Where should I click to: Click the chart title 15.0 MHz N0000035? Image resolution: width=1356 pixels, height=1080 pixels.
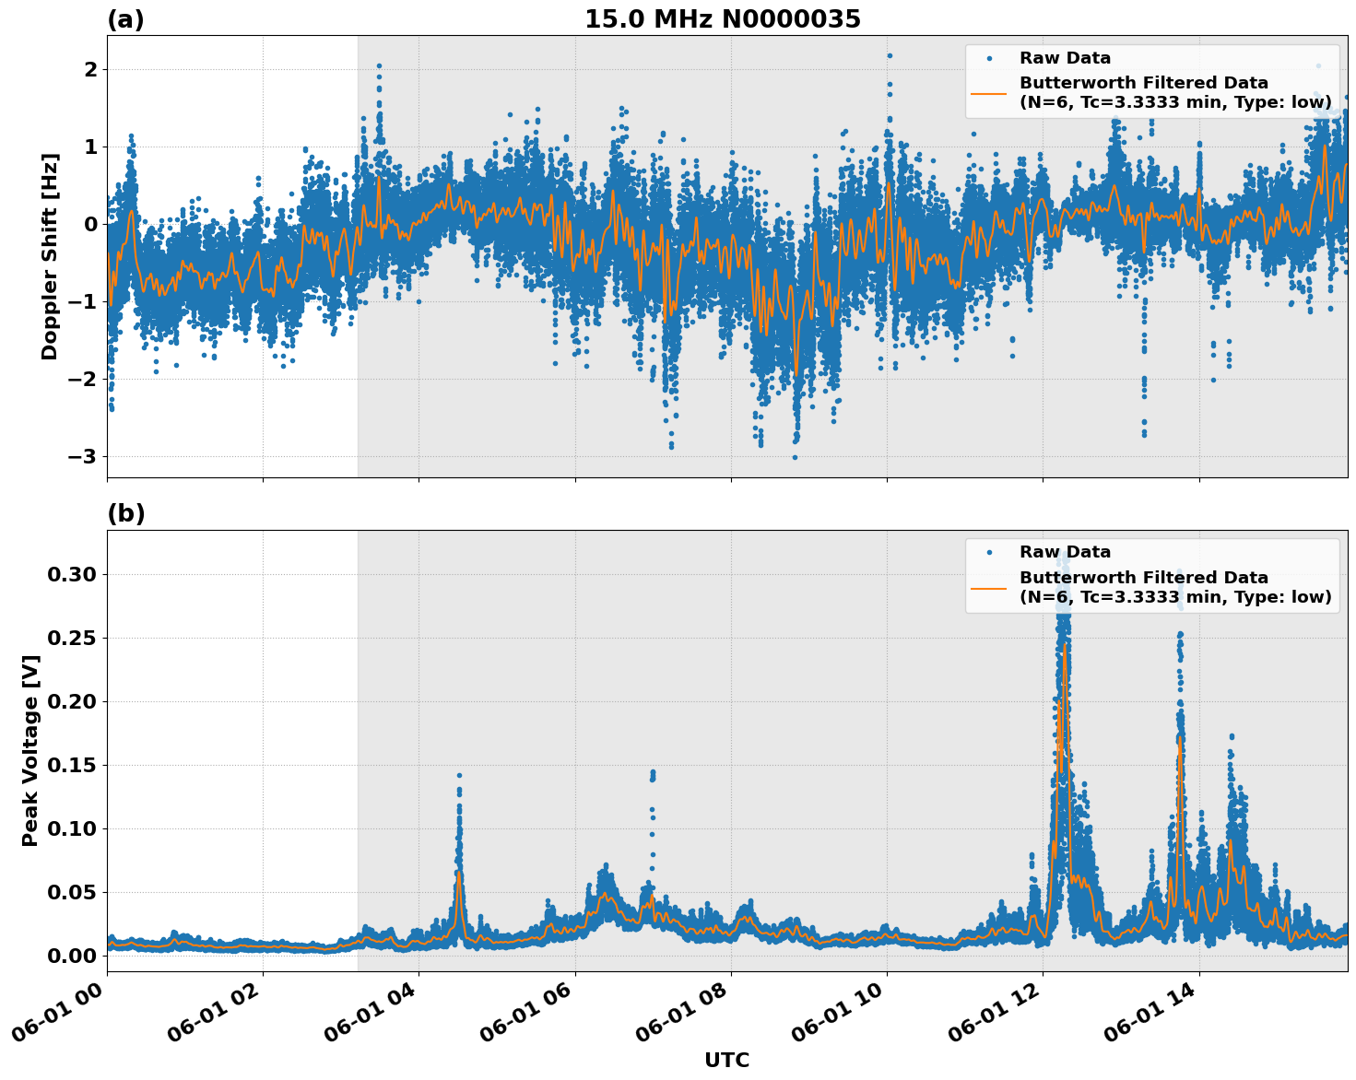tap(722, 19)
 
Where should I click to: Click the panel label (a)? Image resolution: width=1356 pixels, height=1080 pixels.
tap(125, 19)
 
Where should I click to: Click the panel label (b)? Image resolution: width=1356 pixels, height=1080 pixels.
tap(125, 513)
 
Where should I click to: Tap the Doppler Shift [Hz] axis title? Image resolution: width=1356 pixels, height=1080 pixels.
tap(50, 256)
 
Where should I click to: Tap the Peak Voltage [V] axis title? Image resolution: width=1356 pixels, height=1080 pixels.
tap(30, 750)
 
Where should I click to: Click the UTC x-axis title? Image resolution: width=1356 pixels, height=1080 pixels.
tap(726, 1060)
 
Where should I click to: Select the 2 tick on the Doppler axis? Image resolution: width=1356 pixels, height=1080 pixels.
tap(91, 70)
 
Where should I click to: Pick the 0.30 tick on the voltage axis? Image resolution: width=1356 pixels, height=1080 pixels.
tap(72, 574)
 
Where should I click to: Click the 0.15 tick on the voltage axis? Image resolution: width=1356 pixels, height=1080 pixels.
tap(72, 765)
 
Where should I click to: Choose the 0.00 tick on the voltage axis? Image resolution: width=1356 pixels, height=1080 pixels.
tap(72, 956)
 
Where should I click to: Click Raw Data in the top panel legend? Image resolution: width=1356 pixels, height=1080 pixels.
tap(1065, 58)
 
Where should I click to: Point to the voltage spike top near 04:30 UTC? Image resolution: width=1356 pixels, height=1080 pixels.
tap(459, 775)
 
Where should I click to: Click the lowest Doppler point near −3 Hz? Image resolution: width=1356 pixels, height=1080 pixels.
tap(795, 457)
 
